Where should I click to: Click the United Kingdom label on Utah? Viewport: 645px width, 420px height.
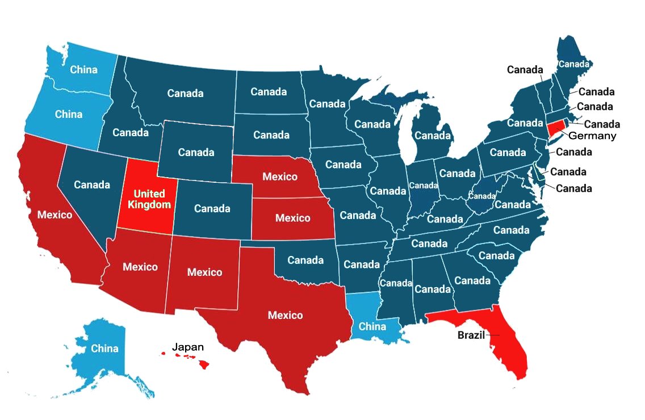click(x=149, y=199)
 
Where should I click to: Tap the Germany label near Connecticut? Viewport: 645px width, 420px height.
click(x=592, y=136)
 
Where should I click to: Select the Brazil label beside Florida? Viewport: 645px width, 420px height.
click(x=471, y=335)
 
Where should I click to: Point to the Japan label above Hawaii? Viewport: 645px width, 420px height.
click(x=187, y=347)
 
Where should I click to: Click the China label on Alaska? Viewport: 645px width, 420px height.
click(x=104, y=348)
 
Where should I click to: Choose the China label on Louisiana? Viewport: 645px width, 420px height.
click(x=372, y=326)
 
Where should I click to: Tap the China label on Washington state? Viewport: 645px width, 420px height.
click(x=83, y=70)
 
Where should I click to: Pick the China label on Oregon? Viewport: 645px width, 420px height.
click(x=69, y=114)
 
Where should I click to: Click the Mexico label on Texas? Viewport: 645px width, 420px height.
click(x=285, y=315)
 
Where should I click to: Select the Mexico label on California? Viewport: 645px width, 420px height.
click(x=55, y=215)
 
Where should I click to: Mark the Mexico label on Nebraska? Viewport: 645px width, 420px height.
click(x=279, y=177)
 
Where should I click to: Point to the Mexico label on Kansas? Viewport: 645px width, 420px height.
click(x=292, y=218)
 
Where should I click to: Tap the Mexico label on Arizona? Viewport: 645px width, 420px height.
click(x=140, y=266)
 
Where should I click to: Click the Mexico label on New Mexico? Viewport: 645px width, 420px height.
click(x=204, y=272)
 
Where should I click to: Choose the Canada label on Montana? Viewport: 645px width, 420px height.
click(x=185, y=93)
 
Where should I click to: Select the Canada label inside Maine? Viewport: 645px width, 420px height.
click(x=573, y=64)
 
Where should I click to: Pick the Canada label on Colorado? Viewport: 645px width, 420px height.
click(x=212, y=208)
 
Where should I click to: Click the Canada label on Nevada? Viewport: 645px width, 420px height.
click(x=92, y=184)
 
